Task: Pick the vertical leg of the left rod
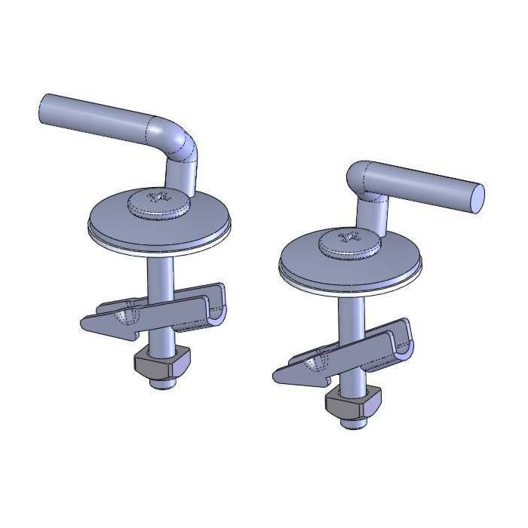coord(185,177)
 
